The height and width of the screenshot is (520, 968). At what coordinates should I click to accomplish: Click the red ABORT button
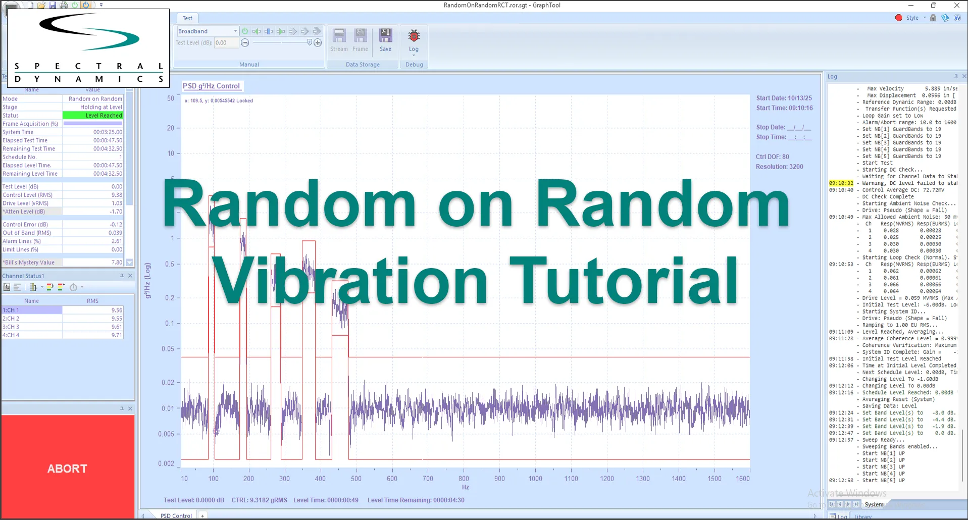point(68,468)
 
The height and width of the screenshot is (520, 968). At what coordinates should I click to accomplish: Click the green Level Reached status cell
point(92,116)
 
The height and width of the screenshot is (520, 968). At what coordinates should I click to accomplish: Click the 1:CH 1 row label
point(32,310)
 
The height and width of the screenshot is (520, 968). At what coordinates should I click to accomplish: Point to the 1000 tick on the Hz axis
point(535,479)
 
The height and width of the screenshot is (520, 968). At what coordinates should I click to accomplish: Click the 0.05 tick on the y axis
point(168,349)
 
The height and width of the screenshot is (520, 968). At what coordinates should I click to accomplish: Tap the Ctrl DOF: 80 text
point(772,157)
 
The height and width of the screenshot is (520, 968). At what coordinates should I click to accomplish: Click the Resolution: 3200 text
point(779,167)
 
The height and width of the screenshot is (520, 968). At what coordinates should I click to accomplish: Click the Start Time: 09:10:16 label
point(784,108)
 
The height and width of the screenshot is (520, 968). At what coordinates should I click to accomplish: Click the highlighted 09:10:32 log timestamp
point(841,183)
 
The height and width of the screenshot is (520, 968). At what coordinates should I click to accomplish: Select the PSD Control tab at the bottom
point(176,515)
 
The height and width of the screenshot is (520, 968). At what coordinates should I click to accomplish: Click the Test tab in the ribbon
point(187,18)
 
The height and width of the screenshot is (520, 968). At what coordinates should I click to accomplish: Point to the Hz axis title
point(465,487)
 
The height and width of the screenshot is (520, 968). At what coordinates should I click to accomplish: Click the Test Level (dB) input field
point(226,43)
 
